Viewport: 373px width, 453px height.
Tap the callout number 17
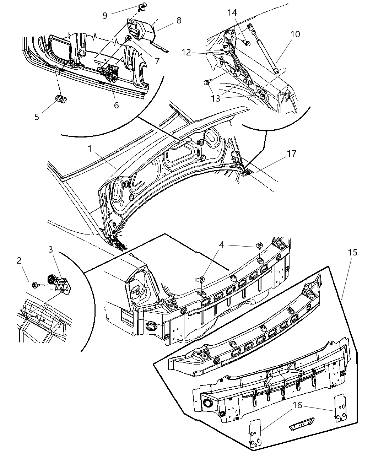pyautogui.click(x=292, y=154)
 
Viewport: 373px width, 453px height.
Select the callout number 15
pyautogui.click(x=352, y=253)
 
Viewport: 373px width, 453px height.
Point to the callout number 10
pyautogui.click(x=295, y=34)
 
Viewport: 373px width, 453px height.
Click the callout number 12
pyautogui.click(x=186, y=53)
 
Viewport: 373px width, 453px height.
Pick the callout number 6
pyautogui.click(x=116, y=105)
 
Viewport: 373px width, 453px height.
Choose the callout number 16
pyautogui.click(x=297, y=405)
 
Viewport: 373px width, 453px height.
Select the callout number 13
pyautogui.click(x=216, y=98)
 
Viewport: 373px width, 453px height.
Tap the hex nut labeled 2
pyautogui.click(x=36, y=285)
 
